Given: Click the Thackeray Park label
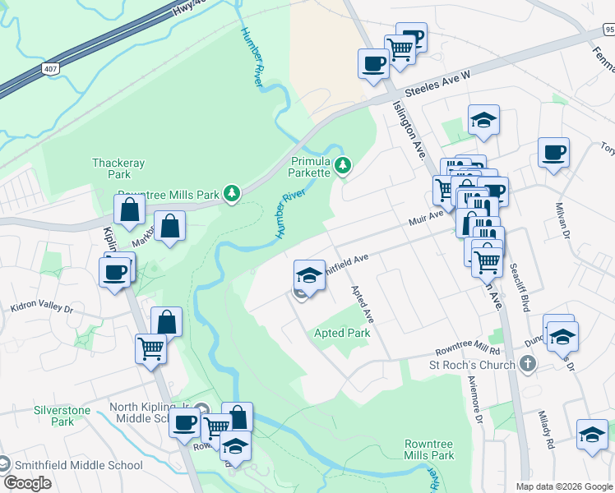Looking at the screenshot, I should pos(112,168).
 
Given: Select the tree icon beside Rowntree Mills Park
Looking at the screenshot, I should pos(233,195).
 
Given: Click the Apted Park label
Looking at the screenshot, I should pos(342,333).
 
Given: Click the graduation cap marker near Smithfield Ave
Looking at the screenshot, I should pos(308,274).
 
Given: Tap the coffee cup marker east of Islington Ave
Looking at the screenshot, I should pos(553,152).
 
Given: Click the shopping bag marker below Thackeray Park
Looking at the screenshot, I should pos(130,211).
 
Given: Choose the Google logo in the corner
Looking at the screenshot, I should pos(27,482).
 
